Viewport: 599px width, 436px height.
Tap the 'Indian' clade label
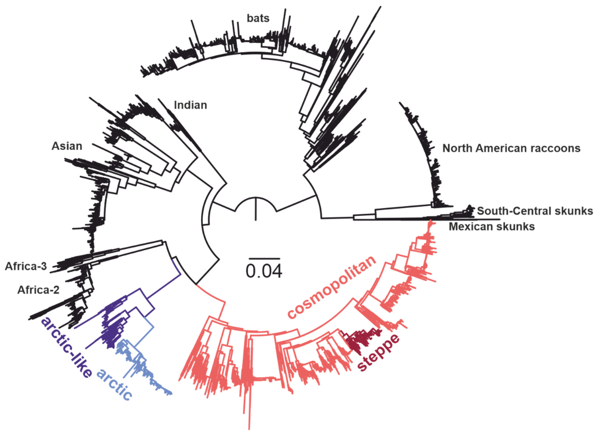(x=190, y=105)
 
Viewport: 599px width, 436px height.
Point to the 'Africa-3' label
(x=26, y=266)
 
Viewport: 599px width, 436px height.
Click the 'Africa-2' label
(x=38, y=290)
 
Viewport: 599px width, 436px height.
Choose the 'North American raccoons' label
(x=511, y=148)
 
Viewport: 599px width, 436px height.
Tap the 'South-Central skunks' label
(x=535, y=211)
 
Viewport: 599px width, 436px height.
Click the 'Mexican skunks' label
(x=492, y=227)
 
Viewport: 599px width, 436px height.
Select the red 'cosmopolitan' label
(x=332, y=288)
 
